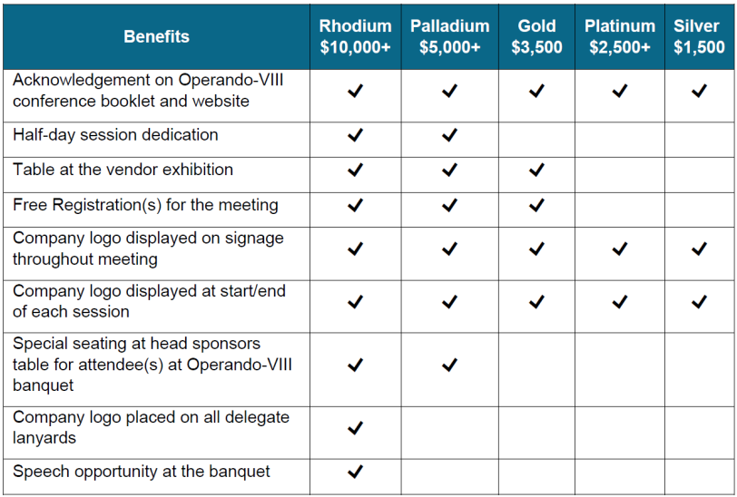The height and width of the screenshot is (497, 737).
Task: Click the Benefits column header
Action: (x=156, y=37)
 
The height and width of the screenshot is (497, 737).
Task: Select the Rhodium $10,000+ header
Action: (x=355, y=37)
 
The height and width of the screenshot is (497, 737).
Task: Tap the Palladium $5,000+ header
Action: (x=449, y=37)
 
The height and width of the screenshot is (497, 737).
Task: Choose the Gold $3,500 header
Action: (x=536, y=37)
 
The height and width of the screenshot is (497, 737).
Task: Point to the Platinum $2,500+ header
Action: (x=619, y=37)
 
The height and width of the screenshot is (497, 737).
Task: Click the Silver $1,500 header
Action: (x=699, y=37)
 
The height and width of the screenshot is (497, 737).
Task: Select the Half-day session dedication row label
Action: (x=115, y=135)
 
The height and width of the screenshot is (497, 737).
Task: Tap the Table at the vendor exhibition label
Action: (x=123, y=170)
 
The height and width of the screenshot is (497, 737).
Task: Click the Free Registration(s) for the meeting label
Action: (x=145, y=205)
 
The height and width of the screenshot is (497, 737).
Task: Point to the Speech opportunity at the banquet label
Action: (x=142, y=472)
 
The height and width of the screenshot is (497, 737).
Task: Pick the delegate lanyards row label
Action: (x=151, y=427)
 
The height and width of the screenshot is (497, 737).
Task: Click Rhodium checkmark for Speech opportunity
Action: (x=355, y=472)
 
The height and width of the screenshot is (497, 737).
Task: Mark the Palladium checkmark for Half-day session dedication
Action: (x=449, y=135)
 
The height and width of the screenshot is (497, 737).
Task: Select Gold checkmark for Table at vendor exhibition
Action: (x=536, y=170)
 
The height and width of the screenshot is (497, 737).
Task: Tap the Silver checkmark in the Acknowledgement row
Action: (x=699, y=91)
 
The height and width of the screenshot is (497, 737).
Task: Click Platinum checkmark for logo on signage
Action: (x=619, y=248)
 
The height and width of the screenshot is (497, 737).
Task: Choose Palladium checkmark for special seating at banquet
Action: (x=449, y=365)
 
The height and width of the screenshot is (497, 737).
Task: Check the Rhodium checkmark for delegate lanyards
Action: (x=355, y=427)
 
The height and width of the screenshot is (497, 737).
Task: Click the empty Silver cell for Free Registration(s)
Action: (x=699, y=205)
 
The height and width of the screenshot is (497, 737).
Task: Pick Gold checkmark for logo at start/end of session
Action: (x=536, y=302)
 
